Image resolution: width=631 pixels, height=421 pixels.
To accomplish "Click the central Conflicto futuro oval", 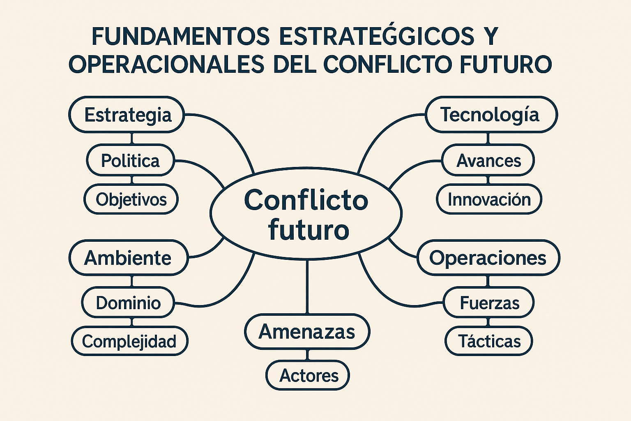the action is coord(306,214).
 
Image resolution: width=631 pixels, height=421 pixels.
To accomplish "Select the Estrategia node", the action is coord(127,114).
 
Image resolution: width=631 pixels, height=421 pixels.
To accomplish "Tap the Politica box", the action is coord(131,160).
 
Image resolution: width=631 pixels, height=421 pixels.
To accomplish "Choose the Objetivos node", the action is coord(131,199).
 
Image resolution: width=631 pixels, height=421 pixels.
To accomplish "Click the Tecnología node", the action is coord(491,114).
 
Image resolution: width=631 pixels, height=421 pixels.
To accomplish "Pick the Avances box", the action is coord(488,160).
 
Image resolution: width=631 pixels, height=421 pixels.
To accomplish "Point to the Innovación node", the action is coord(489,199).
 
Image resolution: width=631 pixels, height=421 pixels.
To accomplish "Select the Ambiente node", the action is coord(129,258).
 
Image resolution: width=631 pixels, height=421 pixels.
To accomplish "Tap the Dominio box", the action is coord(128,303).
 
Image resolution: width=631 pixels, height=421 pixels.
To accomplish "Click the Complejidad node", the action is coord(129,341).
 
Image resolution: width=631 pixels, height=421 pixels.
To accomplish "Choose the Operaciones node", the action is coord(488,258).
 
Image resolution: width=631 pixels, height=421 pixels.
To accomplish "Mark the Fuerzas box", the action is coord(489,303).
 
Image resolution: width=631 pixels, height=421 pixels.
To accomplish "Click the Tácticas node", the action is coord(489,341).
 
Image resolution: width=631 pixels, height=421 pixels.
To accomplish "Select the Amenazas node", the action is coord(307,332).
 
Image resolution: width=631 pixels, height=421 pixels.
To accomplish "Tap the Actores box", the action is coord(308,375).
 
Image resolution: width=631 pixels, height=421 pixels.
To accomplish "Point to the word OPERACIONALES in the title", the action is coord(166,65).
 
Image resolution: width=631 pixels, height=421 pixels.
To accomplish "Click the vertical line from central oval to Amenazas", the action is coord(307,287).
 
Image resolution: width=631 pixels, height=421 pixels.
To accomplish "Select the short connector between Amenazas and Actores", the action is coord(307,355).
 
